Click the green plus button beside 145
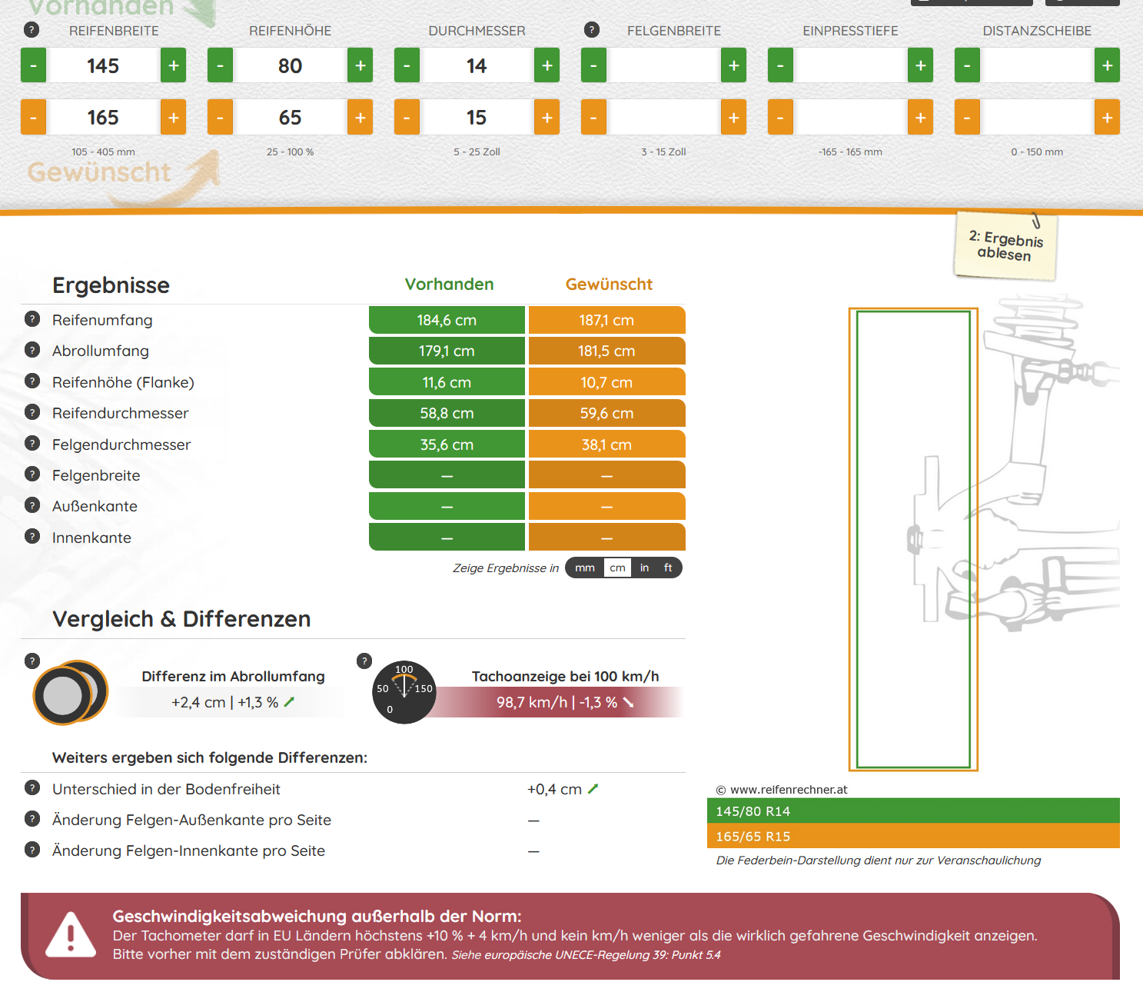[173, 65]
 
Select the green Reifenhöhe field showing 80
[290, 65]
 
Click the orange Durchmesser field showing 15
[477, 118]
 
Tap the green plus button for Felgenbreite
[733, 65]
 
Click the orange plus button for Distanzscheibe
[1107, 118]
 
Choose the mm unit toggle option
[585, 568]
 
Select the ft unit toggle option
[668, 568]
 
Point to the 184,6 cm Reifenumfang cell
[447, 320]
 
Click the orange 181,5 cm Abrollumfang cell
[606, 351]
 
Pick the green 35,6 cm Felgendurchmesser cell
[447, 445]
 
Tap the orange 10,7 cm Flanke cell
[606, 382]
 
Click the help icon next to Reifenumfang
[32, 319]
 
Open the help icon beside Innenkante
[32, 537]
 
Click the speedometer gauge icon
[404, 692]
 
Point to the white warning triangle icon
[71, 934]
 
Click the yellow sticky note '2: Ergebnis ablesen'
[1005, 245]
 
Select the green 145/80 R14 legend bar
[913, 811]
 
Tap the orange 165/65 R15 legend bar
[913, 836]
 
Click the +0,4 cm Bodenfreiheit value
[555, 789]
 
